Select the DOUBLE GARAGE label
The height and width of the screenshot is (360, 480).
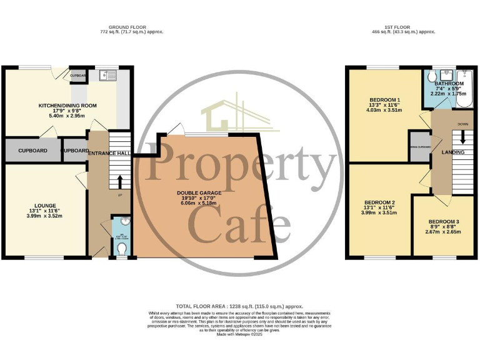tap(199, 193)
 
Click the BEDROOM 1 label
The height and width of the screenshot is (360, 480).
tap(384, 100)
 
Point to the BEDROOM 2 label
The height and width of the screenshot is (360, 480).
tap(379, 202)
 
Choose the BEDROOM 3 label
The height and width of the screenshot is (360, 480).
tap(444, 222)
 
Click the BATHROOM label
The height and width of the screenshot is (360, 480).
tap(449, 83)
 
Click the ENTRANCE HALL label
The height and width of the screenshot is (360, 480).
tap(109, 152)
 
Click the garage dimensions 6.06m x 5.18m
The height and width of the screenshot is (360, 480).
tap(199, 202)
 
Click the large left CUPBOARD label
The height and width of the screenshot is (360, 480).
tap(32, 151)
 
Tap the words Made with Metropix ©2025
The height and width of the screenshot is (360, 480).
tap(239, 334)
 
